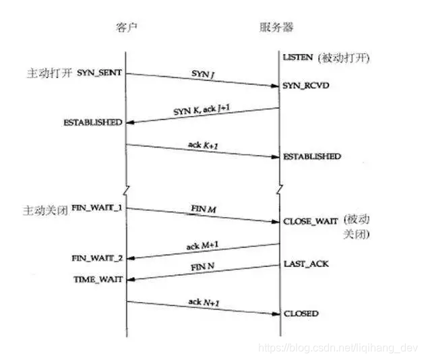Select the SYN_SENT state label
(x=99, y=71)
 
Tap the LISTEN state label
(x=298, y=59)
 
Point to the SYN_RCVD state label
(x=306, y=87)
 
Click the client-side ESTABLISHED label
(x=93, y=123)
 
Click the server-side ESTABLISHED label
(x=312, y=156)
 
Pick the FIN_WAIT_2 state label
(x=97, y=258)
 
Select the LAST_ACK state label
(x=306, y=264)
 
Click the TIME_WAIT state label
(x=98, y=278)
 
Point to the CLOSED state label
(x=301, y=313)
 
